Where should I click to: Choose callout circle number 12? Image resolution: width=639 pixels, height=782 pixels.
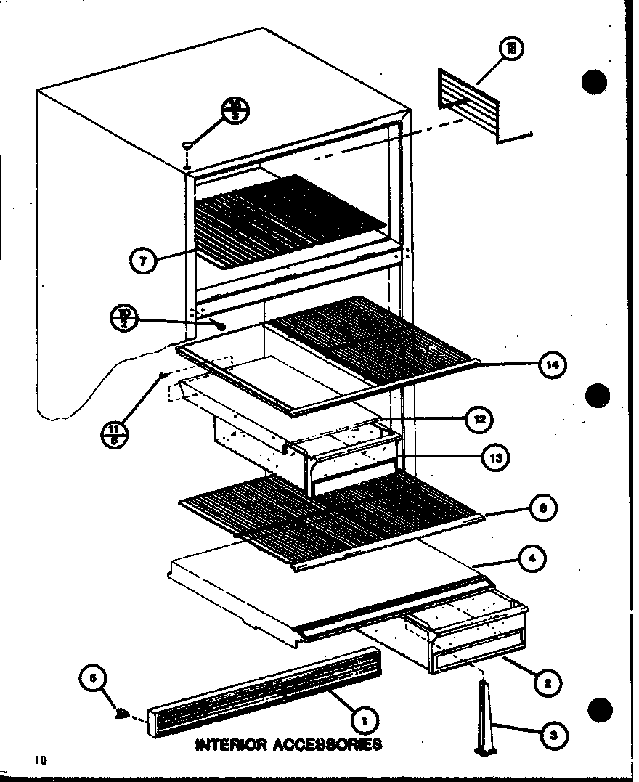(x=480, y=419)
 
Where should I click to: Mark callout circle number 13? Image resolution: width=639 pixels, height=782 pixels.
(x=495, y=457)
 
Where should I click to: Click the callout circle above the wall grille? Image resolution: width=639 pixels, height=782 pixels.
(x=512, y=49)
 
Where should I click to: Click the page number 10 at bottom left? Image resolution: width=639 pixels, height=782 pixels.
(x=39, y=760)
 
